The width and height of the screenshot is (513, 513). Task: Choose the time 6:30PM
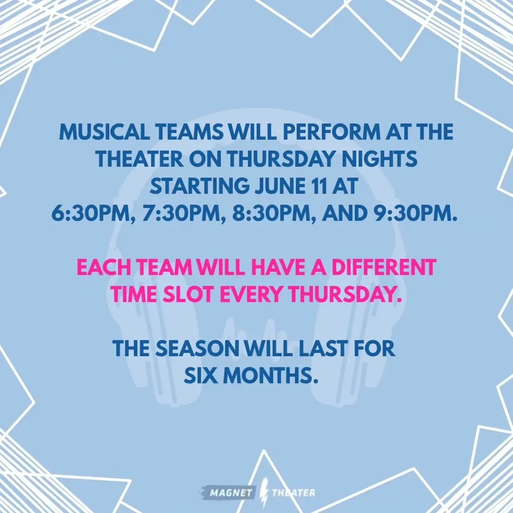(x=93, y=213)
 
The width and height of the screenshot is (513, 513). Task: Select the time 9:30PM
(x=415, y=213)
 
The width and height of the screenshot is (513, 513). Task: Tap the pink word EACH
(x=104, y=267)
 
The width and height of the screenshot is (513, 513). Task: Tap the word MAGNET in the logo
(x=231, y=493)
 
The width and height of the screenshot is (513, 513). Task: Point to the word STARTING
(x=199, y=186)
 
